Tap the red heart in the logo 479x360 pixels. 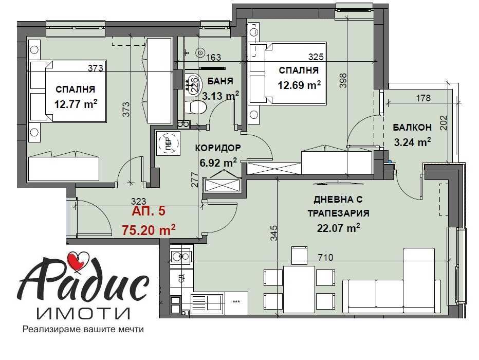point(78,260)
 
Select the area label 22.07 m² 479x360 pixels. point(339,228)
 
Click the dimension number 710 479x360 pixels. point(325,258)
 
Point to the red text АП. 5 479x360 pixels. point(149,211)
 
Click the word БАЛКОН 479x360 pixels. point(412,127)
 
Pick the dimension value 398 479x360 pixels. point(343,81)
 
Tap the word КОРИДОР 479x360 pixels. point(218,148)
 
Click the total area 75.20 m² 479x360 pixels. point(149,230)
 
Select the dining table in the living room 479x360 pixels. point(299,289)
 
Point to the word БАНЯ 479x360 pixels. point(220,81)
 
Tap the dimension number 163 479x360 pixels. point(213,58)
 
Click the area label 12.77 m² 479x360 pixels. point(76,104)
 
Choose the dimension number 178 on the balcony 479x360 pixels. point(423,98)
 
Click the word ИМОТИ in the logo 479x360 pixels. point(83,313)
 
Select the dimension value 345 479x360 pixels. point(274,233)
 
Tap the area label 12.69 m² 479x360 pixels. point(299,85)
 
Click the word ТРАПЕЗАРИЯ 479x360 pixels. point(338,213)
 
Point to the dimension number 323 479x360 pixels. point(138,202)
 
